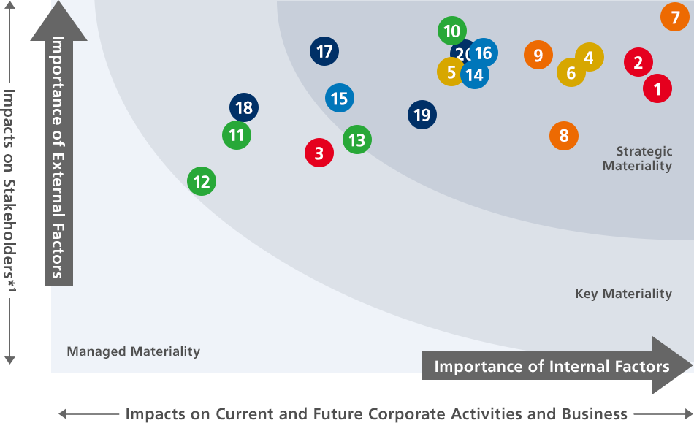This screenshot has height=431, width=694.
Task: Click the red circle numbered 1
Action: (657, 89)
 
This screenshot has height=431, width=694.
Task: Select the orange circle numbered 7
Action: (675, 16)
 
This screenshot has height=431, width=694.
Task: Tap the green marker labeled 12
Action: (202, 181)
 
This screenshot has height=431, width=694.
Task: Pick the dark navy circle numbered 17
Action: (324, 52)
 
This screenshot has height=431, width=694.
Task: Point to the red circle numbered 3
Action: (319, 153)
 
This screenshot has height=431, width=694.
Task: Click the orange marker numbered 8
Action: (564, 135)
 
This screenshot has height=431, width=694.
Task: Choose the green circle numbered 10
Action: (452, 31)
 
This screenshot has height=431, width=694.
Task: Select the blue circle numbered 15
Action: (339, 98)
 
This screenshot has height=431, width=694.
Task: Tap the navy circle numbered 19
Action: (422, 115)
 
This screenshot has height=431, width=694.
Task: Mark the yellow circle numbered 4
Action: (590, 57)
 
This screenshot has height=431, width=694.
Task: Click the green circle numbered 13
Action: (356, 140)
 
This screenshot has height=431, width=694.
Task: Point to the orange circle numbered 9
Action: (538, 55)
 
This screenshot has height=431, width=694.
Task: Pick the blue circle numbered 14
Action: (475, 75)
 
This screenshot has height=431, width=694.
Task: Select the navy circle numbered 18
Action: (244, 108)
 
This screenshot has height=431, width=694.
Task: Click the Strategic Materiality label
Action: (637, 159)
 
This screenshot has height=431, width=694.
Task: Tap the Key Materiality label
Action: (623, 294)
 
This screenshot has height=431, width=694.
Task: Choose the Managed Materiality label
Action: (133, 351)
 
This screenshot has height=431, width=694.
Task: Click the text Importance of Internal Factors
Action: (552, 366)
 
